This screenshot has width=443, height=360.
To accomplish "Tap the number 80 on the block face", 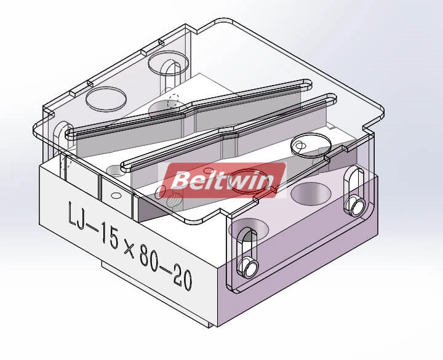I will (156, 255).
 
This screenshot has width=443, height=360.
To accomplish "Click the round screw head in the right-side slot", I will (355, 202).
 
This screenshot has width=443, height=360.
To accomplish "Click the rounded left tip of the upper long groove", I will (70, 131).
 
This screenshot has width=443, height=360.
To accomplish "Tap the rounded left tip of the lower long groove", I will (126, 165).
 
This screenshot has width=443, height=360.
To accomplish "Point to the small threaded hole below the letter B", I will (174, 199).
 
